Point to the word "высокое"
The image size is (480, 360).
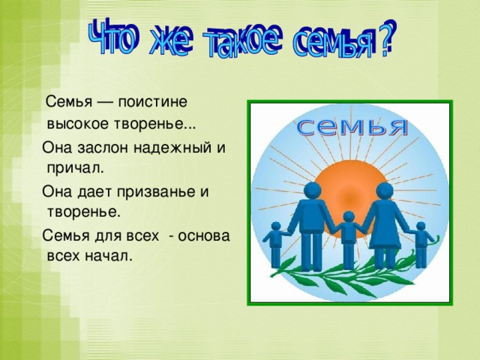click(x=75, y=122)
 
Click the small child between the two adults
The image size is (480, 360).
click(x=348, y=236)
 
